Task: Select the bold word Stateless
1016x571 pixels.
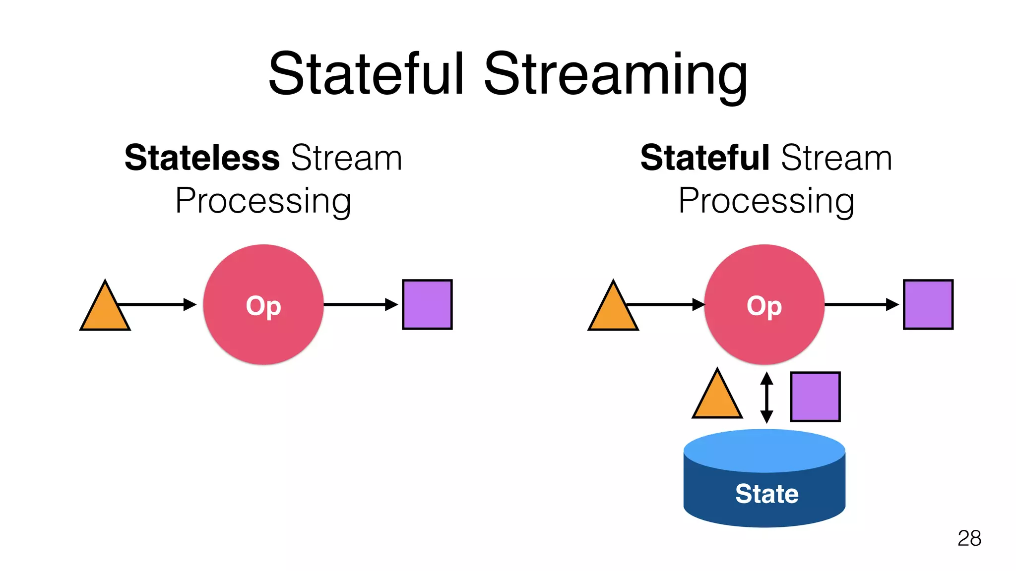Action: pyautogui.click(x=202, y=158)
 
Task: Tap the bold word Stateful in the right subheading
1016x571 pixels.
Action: pyautogui.click(x=704, y=158)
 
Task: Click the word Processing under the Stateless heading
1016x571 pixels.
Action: pyautogui.click(x=263, y=201)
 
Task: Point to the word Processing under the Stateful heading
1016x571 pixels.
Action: pyautogui.click(x=766, y=201)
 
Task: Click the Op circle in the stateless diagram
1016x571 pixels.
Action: pyautogui.click(x=263, y=305)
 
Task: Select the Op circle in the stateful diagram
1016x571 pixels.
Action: pyautogui.click(x=764, y=305)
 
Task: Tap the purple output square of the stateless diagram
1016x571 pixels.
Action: pyautogui.click(x=427, y=304)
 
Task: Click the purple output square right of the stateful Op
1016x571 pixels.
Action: pyautogui.click(x=928, y=304)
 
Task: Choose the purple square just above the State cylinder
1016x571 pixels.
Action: pyautogui.click(x=815, y=397)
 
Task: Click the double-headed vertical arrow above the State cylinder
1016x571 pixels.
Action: pyautogui.click(x=767, y=398)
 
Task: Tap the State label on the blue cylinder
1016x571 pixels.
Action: pyautogui.click(x=767, y=494)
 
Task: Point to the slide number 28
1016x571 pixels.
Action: pyautogui.click(x=969, y=538)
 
